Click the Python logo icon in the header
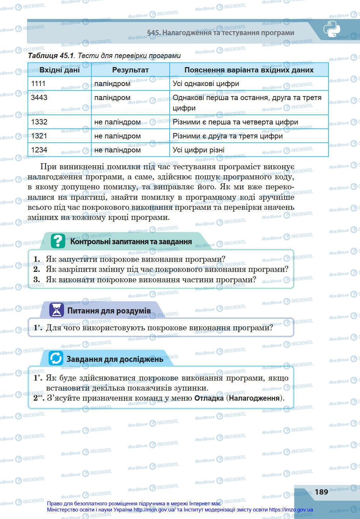click(x=331, y=29)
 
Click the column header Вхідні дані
click(x=60, y=70)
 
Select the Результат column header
click(x=130, y=70)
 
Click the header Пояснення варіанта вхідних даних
click(x=249, y=70)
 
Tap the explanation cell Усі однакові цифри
click(x=206, y=84)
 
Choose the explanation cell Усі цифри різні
click(x=199, y=150)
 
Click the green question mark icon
click(x=58, y=241)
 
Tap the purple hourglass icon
click(x=56, y=310)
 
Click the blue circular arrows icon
click(x=56, y=358)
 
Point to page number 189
click(x=321, y=491)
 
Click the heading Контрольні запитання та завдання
click(x=131, y=241)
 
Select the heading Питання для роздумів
click(x=109, y=311)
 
